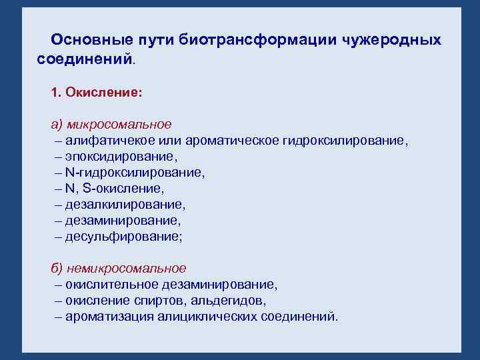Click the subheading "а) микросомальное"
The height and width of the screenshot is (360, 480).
(x=111, y=124)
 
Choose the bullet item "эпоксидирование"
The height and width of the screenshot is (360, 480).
(x=121, y=156)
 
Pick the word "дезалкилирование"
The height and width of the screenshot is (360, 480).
(x=125, y=204)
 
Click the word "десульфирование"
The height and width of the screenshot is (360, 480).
(x=124, y=236)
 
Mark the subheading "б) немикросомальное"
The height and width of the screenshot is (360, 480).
(x=119, y=268)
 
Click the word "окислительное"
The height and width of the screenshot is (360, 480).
(x=107, y=284)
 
